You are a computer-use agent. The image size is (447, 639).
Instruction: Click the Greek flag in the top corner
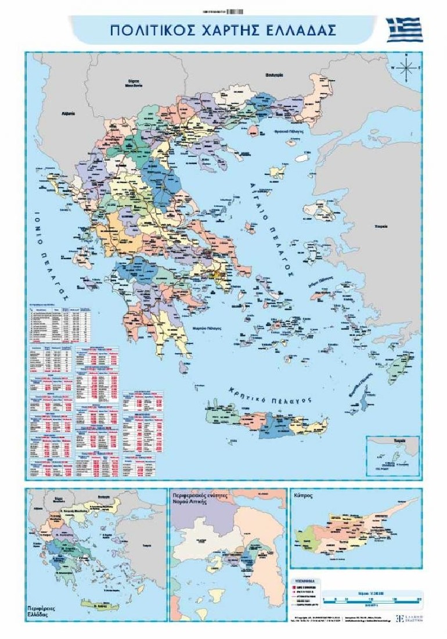tap(404, 29)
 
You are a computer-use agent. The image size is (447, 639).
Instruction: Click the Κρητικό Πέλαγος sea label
tap(270, 394)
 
